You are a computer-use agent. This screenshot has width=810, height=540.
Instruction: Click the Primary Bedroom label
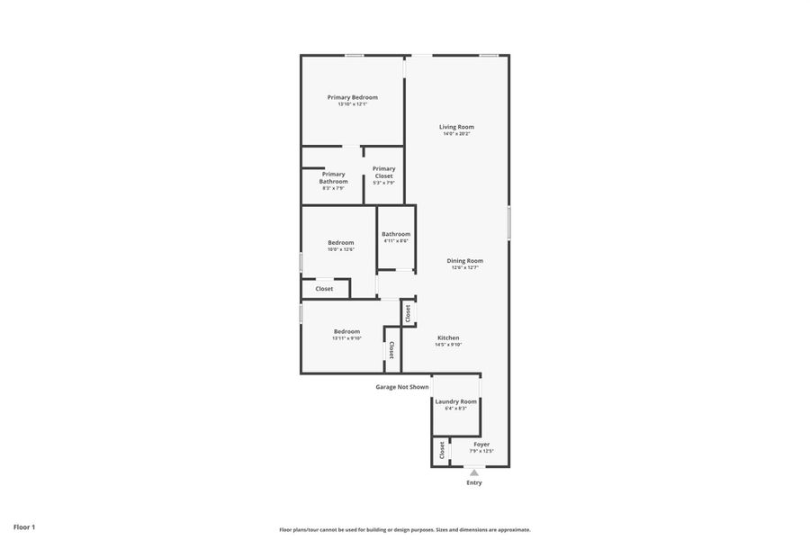coord(352,97)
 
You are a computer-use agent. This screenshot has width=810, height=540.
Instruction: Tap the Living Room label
coord(456,127)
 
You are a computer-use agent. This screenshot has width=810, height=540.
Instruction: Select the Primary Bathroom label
coord(333,177)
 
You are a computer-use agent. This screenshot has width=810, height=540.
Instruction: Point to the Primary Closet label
coord(383,172)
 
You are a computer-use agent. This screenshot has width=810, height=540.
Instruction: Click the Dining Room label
coord(464,261)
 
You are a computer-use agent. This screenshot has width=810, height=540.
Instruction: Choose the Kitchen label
coord(448,337)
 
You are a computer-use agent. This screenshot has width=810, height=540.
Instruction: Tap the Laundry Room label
coord(455,401)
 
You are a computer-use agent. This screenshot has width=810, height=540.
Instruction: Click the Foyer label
coord(481,444)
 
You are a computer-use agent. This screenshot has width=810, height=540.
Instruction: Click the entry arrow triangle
coord(474,472)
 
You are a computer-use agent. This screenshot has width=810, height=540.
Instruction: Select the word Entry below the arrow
coord(474,483)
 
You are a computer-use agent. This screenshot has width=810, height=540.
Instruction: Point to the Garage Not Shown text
coord(402,387)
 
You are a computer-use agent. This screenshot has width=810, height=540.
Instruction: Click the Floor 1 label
coord(24,526)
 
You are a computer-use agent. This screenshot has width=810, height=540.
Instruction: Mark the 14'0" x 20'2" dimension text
coord(456,134)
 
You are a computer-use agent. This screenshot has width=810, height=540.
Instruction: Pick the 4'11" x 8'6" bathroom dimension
coord(396,241)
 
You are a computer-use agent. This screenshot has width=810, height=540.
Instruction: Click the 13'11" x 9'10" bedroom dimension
coord(346,338)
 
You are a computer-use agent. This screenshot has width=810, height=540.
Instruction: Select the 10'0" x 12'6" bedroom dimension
coord(340,249)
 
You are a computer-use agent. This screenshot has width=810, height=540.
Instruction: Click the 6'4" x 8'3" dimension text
coord(455,409)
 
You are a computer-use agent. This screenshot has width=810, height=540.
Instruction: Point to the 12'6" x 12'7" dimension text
coord(464,267)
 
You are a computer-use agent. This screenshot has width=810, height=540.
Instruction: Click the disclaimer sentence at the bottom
coord(405,529)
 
